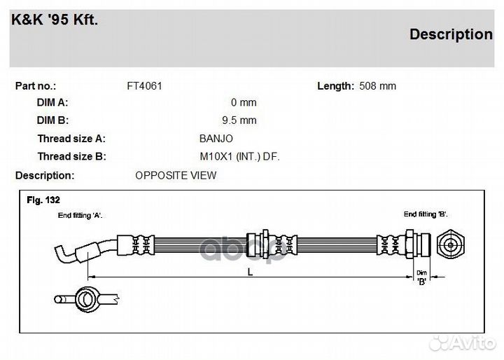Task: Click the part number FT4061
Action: pos(144,86)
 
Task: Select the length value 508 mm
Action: pos(377,86)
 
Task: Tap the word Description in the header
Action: pos(451,34)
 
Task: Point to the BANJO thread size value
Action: pos(216,139)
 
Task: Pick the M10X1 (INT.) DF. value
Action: pos(239,157)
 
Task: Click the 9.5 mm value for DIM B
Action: pos(239,120)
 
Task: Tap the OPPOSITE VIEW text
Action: pos(176,175)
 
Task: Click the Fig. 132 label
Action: pos(43,200)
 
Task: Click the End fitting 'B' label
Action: pos(426,214)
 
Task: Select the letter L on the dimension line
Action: pos(249,272)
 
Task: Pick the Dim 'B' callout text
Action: pos(421,277)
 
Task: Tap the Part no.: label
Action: pos(36,86)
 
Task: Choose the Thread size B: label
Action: pos(71,157)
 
